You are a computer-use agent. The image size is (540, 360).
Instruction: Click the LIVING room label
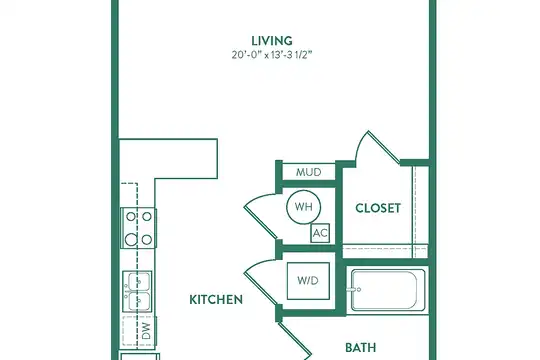[272, 41]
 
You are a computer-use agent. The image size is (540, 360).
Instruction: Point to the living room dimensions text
[272, 55]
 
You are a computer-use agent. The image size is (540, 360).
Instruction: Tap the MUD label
[309, 172]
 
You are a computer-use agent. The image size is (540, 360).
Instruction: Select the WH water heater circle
[303, 207]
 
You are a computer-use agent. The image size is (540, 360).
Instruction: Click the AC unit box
[320, 233]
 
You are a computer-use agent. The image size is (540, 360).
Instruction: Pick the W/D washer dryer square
[308, 281]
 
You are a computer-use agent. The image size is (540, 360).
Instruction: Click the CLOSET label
[378, 208]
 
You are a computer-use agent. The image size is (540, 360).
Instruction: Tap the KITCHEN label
[216, 300]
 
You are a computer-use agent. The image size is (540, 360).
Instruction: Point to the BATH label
[361, 348]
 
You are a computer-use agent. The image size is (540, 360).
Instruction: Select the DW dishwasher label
[146, 331]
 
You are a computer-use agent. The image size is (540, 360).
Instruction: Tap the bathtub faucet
[355, 290]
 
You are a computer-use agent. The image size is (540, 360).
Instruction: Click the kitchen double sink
[138, 291]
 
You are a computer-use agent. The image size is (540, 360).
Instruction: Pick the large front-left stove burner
[131, 239]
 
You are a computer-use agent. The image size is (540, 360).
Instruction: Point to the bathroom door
[295, 339]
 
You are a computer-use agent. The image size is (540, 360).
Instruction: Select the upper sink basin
[138, 281]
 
